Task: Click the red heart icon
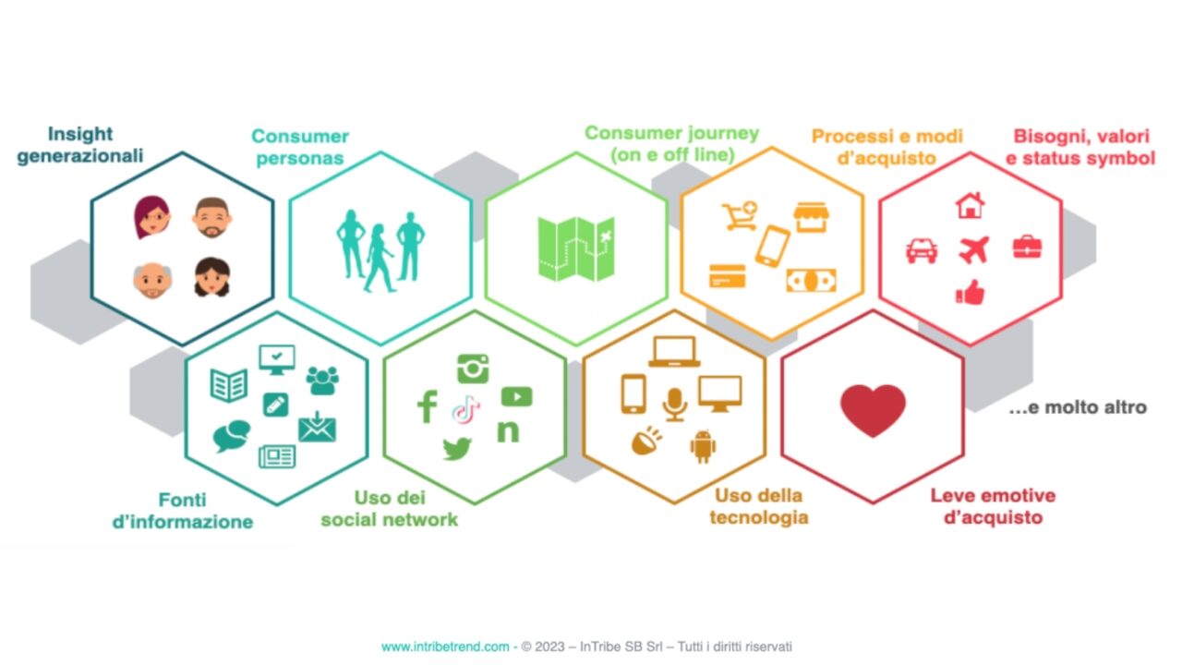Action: pos(873,409)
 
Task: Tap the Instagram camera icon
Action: pos(473,369)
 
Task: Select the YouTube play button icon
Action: pos(516,396)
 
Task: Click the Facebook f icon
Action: pos(427,406)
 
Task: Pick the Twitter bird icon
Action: pos(457,449)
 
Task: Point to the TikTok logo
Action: pos(466,409)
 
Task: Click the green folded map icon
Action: pos(576,248)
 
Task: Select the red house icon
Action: pos(970,205)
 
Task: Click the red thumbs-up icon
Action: pos(970,293)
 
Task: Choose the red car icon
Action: pos(922,250)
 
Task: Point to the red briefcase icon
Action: pos(1026,247)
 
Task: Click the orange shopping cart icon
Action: pos(740,215)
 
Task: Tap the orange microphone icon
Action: pos(675,403)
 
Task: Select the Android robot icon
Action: pos(703,447)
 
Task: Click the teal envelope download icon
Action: pos(317,428)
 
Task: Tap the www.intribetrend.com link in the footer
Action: pos(444,647)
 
